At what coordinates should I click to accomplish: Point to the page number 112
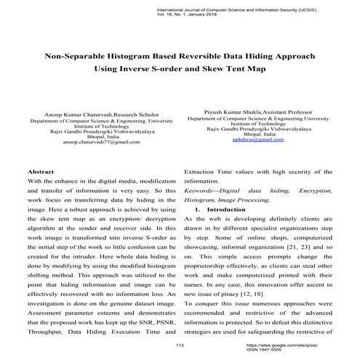click(180, 342)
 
